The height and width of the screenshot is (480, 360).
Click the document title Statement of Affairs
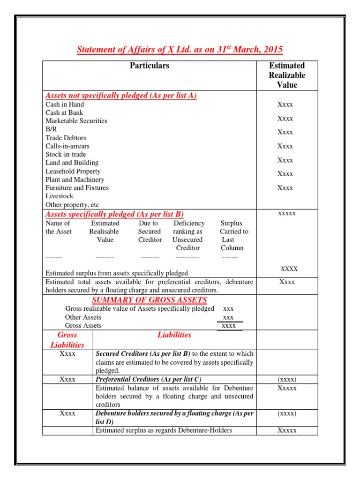(x=180, y=50)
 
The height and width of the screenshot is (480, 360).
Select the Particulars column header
(x=149, y=66)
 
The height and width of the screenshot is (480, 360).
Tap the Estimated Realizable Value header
(x=286, y=75)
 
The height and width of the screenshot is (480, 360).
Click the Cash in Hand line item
(x=65, y=105)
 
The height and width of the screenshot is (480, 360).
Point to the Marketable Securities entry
(x=76, y=121)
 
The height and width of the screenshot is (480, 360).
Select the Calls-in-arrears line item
(x=67, y=146)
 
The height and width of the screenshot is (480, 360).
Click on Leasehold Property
(x=73, y=171)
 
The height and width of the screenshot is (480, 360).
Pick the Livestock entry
(x=60, y=196)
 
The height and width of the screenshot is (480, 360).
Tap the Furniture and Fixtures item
(x=77, y=188)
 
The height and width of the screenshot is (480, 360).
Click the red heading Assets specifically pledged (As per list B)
(x=114, y=214)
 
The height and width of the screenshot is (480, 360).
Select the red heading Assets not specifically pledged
(x=120, y=96)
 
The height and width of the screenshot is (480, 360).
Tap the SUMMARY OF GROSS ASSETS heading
(x=150, y=300)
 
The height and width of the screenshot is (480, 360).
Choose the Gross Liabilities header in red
(x=67, y=340)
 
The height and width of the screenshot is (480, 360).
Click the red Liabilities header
(x=174, y=335)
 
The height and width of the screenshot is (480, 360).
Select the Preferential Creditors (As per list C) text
(x=149, y=379)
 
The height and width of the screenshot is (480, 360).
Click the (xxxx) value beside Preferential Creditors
(x=286, y=379)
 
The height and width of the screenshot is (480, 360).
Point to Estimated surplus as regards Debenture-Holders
(x=164, y=430)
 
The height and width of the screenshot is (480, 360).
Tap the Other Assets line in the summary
(x=83, y=317)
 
